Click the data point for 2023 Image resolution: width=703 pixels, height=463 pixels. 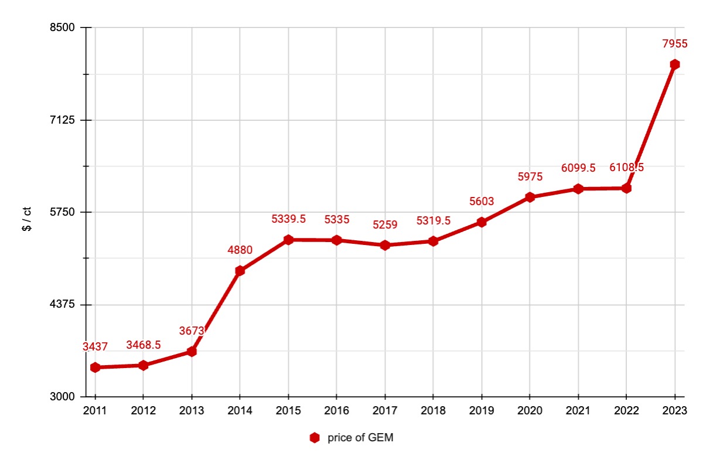[675, 64]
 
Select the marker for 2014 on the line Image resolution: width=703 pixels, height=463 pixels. [240, 271]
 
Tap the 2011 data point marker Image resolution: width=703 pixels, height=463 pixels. [95, 367]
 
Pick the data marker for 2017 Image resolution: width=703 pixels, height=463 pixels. [385, 245]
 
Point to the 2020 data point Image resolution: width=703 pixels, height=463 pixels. [530, 198]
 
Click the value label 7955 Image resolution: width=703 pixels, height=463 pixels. [675, 44]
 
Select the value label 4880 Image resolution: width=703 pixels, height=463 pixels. [240, 250]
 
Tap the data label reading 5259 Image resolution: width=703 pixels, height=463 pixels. [385, 224]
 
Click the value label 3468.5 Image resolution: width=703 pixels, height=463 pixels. [144, 345]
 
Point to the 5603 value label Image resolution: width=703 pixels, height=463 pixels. [482, 202]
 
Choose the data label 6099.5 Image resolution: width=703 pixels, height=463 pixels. [578, 168]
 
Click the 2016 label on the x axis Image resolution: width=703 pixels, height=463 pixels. [337, 410]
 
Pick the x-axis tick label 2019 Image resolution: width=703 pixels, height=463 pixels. [482, 410]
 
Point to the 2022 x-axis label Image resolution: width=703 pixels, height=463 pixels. [627, 410]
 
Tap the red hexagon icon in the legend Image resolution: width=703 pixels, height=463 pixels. [315, 438]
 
